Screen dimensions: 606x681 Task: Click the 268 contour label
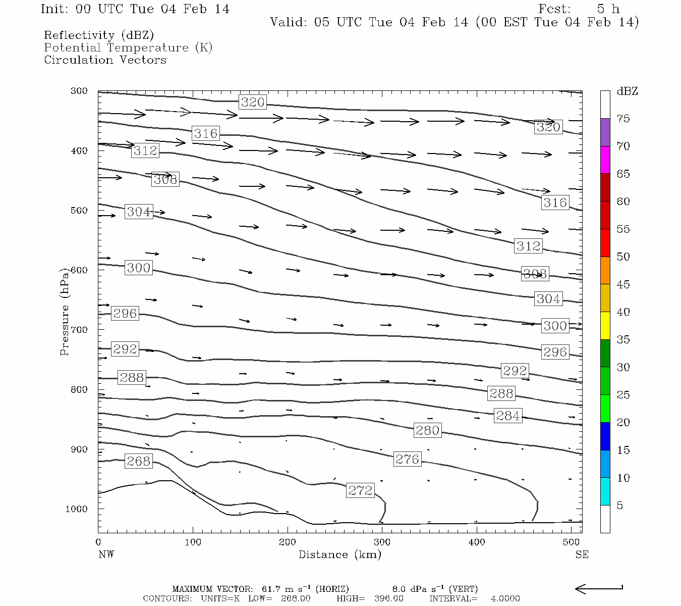[138, 461]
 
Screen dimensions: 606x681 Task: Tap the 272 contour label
[360, 490]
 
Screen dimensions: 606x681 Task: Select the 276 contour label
[407, 459]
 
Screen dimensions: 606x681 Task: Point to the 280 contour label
[427, 430]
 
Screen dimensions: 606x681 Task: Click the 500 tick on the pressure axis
[79, 211]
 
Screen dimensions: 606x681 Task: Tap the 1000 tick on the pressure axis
[77, 509]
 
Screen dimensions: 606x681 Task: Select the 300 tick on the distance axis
[382, 542]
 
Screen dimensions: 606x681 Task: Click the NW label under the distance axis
[106, 554]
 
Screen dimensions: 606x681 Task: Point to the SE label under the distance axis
[582, 554]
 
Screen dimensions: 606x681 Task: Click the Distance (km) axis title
[339, 554]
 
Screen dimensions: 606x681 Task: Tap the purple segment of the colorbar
[605, 132]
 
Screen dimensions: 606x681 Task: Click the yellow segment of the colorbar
[605, 326]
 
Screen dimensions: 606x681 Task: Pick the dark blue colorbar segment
[605, 436]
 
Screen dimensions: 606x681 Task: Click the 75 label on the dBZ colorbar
[623, 119]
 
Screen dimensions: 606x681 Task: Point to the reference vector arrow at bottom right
[599, 588]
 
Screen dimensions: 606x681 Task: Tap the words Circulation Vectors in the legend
[105, 60]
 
